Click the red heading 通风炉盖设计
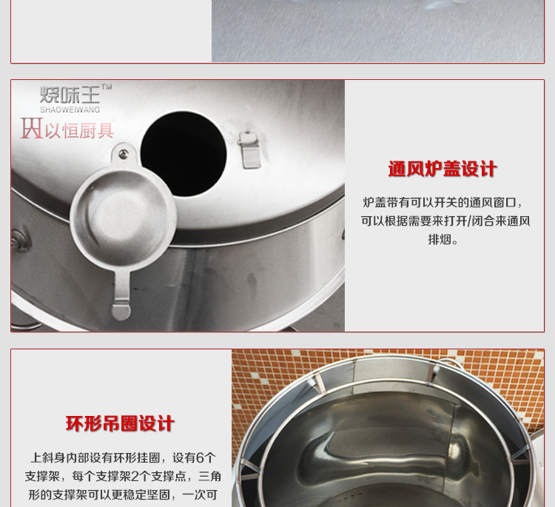(x=443, y=169)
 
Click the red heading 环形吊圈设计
(x=120, y=423)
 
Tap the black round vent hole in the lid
(x=184, y=153)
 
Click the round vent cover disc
(x=123, y=218)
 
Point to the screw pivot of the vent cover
(x=124, y=153)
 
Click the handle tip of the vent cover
(x=121, y=312)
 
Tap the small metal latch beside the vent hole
(x=249, y=150)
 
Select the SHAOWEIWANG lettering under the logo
(x=70, y=110)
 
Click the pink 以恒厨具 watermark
(x=67, y=130)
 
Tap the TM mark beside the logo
(x=107, y=87)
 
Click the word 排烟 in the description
(x=440, y=240)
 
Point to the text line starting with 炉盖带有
(x=443, y=203)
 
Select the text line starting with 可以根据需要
(x=445, y=221)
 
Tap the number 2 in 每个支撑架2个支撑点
(x=135, y=476)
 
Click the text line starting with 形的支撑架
(x=123, y=494)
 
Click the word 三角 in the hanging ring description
(x=210, y=476)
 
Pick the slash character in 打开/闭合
(x=469, y=221)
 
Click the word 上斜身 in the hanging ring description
(x=48, y=458)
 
